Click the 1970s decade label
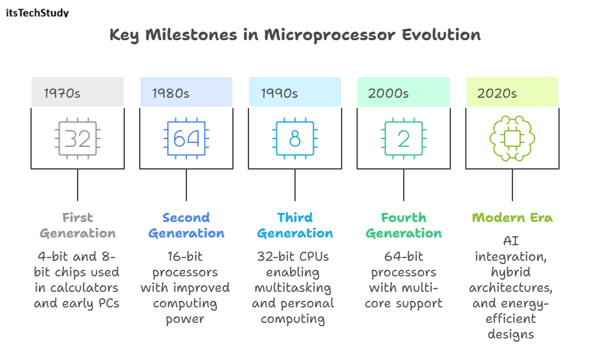pyautogui.click(x=62, y=93)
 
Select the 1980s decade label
pyautogui.click(x=171, y=93)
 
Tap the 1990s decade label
pyautogui.click(x=280, y=93)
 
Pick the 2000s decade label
pyautogui.click(x=388, y=93)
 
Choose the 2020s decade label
pyautogui.click(x=497, y=93)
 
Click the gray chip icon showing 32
pyautogui.click(x=78, y=138)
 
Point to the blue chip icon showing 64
pyautogui.click(x=186, y=138)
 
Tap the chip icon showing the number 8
pyautogui.click(x=295, y=138)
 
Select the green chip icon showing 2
pyautogui.click(x=404, y=138)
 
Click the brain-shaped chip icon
pyautogui.click(x=512, y=138)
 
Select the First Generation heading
pyautogui.click(x=78, y=225)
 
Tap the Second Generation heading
pyautogui.click(x=186, y=225)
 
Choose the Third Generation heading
pyautogui.click(x=295, y=225)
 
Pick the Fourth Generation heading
pyautogui.click(x=404, y=225)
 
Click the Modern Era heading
pyautogui.click(x=512, y=217)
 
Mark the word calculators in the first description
pyautogui.click(x=86, y=287)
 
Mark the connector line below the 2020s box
pyautogui.click(x=512, y=185)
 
